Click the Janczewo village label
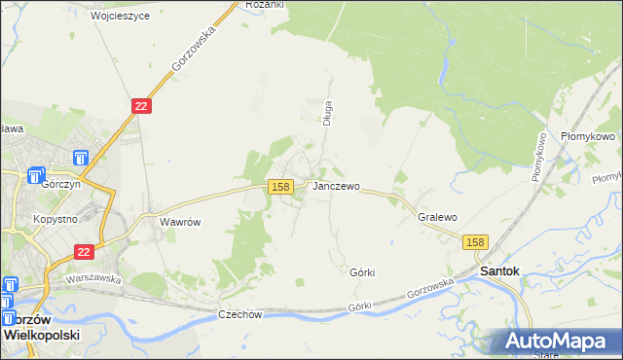pyautogui.click(x=337, y=186)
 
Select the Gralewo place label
pyautogui.click(x=437, y=218)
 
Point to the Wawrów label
pyautogui.click(x=180, y=222)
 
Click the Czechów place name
pyautogui.click(x=241, y=314)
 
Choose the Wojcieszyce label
pyautogui.click(x=120, y=17)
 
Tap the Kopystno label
pyautogui.click(x=55, y=220)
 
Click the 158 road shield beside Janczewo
pyautogui.click(x=280, y=186)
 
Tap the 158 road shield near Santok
pyautogui.click(x=474, y=242)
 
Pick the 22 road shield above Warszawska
pyautogui.click(x=85, y=251)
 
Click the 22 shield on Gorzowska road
pyautogui.click(x=141, y=105)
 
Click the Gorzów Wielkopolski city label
pyautogui.click(x=41, y=326)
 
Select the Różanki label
pyautogui.click(x=265, y=5)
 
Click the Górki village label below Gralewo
pyautogui.click(x=362, y=272)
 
